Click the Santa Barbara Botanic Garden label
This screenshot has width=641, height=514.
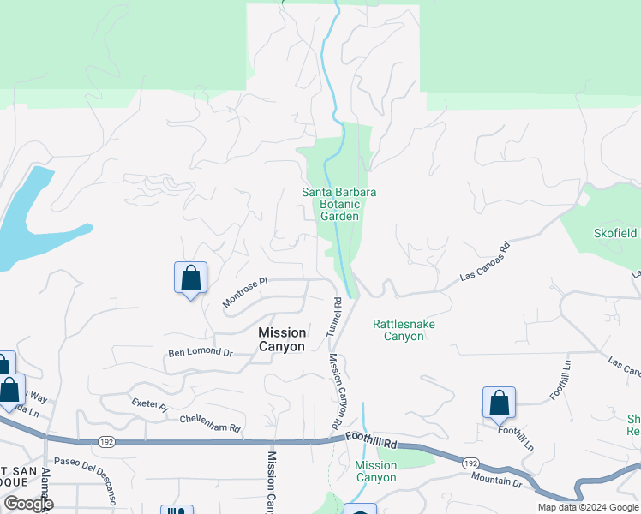tap(338, 204)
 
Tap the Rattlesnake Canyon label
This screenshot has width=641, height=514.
tap(398, 330)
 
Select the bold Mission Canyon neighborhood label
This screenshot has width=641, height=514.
tap(282, 339)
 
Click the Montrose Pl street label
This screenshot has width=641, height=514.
tap(246, 291)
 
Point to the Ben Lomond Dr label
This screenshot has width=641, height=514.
tap(201, 352)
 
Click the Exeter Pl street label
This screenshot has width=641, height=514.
tap(149, 403)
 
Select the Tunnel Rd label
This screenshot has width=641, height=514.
tap(333, 316)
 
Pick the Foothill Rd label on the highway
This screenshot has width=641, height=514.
tap(372, 439)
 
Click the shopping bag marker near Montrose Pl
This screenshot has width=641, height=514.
tap(190, 278)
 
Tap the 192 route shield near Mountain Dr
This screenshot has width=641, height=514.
tap(470, 463)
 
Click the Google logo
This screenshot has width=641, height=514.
tap(27, 504)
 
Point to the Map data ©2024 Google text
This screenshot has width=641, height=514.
tap(587, 507)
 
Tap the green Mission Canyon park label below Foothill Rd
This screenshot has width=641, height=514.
tap(375, 471)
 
